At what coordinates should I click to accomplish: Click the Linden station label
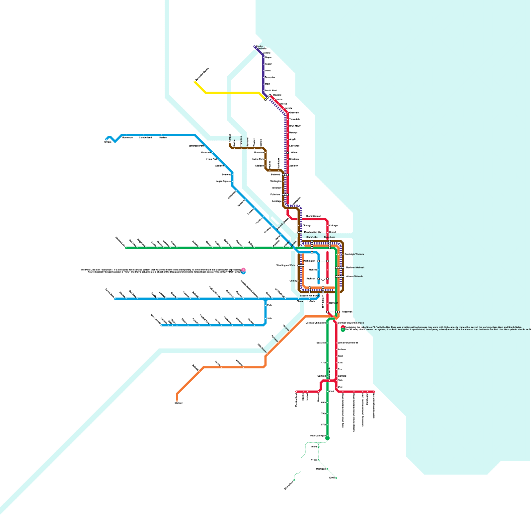click(260, 46)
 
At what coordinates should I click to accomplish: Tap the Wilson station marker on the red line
click(288, 153)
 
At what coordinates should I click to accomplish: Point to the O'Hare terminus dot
click(107, 139)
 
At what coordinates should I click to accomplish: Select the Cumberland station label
click(145, 137)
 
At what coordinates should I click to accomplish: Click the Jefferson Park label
click(196, 146)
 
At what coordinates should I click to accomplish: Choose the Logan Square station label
click(223, 182)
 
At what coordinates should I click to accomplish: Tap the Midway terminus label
click(179, 403)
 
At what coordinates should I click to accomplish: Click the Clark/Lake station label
click(312, 237)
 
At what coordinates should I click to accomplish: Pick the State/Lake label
click(330, 237)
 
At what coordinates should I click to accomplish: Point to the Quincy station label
click(293, 281)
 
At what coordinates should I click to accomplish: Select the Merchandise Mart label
click(313, 232)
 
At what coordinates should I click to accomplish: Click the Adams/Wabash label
click(354, 276)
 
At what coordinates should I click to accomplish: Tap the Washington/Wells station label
click(286, 265)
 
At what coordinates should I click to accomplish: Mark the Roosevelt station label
click(347, 312)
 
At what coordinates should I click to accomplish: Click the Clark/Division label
click(313, 216)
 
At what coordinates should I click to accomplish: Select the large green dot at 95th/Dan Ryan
click(328, 438)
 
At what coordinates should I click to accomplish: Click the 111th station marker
click(319, 460)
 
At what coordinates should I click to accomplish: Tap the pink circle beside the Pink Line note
click(243, 270)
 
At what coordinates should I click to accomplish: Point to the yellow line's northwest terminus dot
click(195, 82)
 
